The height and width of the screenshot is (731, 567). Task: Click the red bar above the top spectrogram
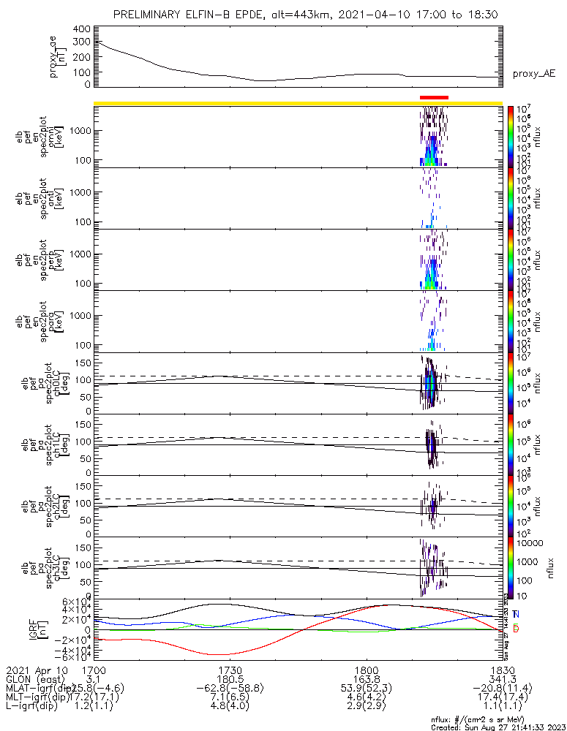pos(434,97)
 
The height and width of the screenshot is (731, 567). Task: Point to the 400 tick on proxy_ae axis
pos(82,29)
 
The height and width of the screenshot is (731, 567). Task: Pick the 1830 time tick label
pos(502,670)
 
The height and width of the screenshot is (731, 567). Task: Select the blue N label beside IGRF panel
pos(517,614)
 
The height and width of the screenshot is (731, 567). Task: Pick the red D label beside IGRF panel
pos(517,629)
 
